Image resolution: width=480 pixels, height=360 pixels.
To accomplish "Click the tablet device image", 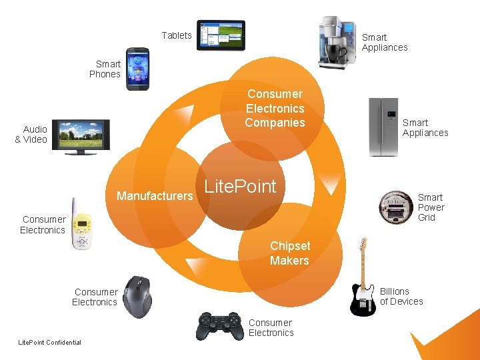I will [221, 35].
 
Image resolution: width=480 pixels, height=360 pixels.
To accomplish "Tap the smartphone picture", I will [138, 69].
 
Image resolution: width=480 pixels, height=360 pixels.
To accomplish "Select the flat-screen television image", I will [81, 137].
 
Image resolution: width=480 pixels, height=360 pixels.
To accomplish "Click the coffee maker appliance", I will [337, 41].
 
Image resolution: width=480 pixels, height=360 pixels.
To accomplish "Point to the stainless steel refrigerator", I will [383, 127].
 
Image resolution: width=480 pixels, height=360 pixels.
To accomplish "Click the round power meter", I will [395, 207].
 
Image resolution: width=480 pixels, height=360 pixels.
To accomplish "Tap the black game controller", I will [220, 325].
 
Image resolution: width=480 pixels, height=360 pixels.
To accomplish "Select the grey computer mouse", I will [138, 296].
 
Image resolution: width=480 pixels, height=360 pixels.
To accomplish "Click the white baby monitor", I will [81, 225].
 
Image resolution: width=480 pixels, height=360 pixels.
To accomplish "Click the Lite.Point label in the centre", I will [240, 187].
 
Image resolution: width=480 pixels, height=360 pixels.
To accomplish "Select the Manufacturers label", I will [154, 196].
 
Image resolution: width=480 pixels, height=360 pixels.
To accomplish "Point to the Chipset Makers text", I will [289, 253].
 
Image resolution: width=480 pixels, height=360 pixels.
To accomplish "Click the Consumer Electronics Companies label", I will [275, 108].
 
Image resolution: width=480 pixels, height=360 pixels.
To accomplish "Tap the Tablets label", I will [177, 35].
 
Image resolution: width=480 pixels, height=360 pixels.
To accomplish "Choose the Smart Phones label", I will [105, 69].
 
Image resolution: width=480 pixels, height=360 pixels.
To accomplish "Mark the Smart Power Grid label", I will [431, 207].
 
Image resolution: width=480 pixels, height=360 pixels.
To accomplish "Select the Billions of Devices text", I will [401, 297].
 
